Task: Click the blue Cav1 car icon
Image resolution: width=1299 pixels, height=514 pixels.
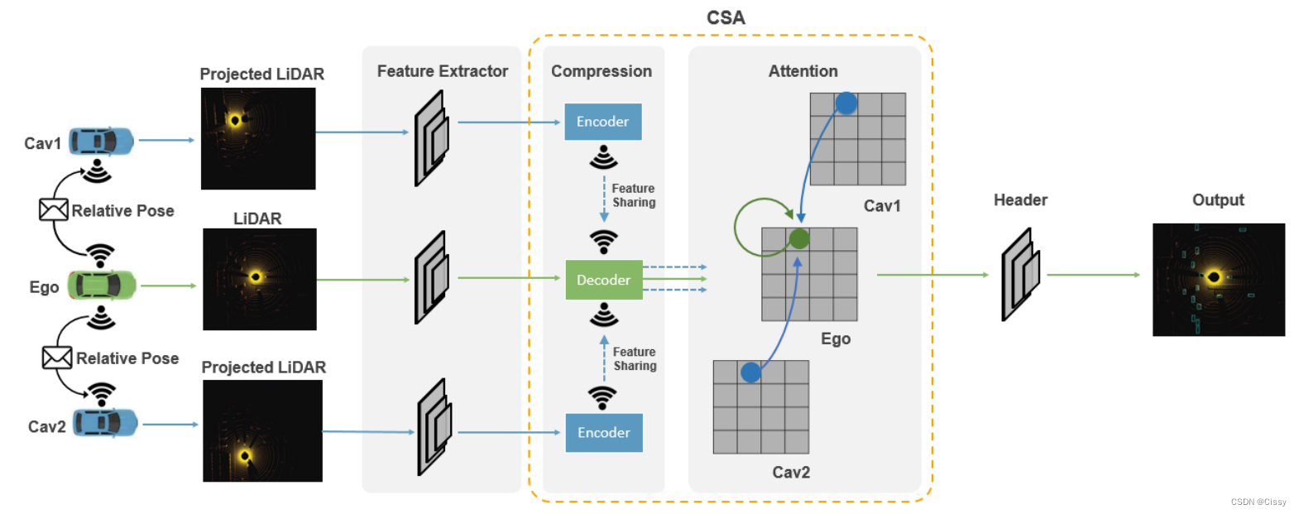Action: tap(101, 142)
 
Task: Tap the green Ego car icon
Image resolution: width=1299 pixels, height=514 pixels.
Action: tap(102, 286)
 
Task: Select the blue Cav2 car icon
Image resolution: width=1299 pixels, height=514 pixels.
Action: tap(105, 423)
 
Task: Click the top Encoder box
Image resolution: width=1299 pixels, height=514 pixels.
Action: tap(603, 122)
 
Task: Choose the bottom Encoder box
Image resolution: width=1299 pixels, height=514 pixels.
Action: tap(604, 433)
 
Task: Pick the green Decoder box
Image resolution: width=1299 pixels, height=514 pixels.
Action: tap(604, 280)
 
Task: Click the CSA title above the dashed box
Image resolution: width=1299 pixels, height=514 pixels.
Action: tap(726, 18)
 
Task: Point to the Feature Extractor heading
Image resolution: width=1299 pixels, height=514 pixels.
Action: tap(443, 71)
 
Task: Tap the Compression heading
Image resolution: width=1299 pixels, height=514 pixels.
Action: tap(602, 71)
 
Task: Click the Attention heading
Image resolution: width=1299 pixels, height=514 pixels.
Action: tap(803, 71)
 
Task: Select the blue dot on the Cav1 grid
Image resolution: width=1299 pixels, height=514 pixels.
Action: tap(846, 103)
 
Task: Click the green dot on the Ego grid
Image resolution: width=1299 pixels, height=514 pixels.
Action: tap(799, 239)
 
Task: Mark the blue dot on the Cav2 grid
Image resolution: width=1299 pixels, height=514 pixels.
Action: tap(750, 372)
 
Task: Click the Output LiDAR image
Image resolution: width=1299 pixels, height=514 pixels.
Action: tap(1218, 279)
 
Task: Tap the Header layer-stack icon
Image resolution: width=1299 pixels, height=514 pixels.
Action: tap(1020, 274)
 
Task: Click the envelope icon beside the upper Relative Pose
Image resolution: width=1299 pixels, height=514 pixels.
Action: tap(54, 209)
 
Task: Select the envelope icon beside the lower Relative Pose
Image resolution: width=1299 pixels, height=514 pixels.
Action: tap(57, 358)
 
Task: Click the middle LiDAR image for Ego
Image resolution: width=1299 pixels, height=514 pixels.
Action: tap(259, 279)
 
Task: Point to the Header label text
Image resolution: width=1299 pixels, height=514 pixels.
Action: tap(1020, 200)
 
